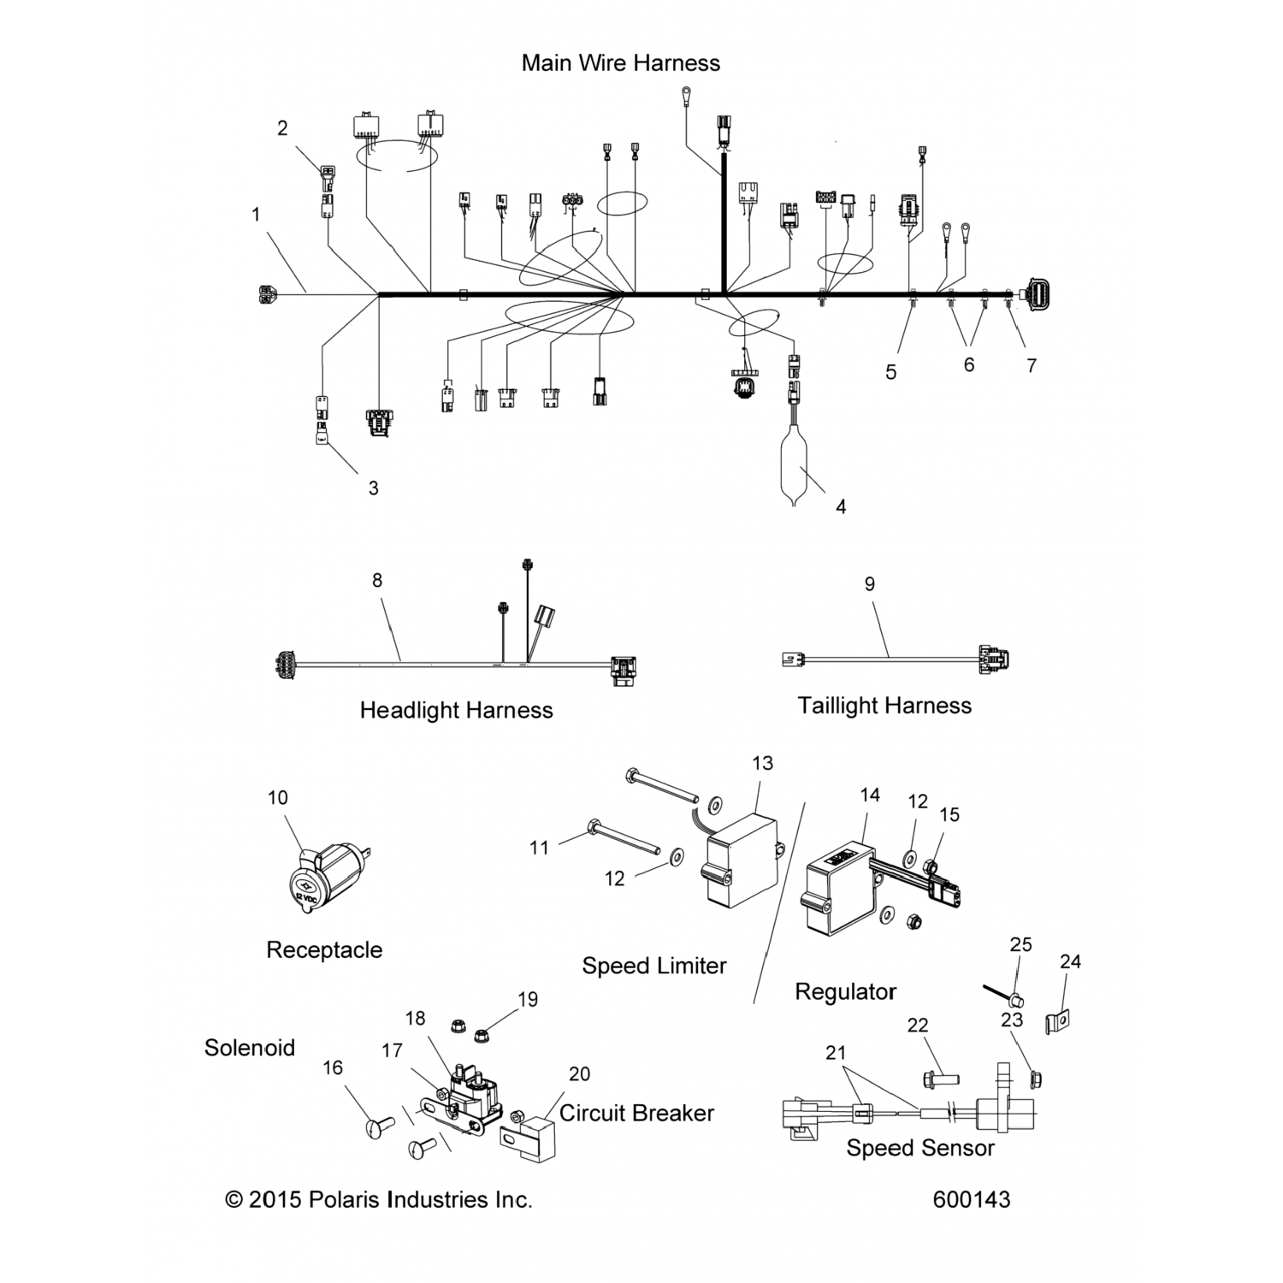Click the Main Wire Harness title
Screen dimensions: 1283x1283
pos(620,62)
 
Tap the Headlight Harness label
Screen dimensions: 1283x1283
pos(456,710)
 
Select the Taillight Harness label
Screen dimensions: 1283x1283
pos(884,706)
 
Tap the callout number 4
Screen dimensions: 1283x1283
pos(841,507)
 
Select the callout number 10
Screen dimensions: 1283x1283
pos(278,797)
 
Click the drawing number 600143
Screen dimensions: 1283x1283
pos(972,1199)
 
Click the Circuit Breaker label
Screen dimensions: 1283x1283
pos(636,1113)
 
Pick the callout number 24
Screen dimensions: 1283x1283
pos(1070,961)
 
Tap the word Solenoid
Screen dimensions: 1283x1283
pos(250,1048)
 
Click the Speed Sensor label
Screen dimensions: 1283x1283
pos(920,1148)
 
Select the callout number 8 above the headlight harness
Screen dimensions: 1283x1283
pos(377,580)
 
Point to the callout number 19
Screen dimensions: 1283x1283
pos(528,999)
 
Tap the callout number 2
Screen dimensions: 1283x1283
pos(282,128)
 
